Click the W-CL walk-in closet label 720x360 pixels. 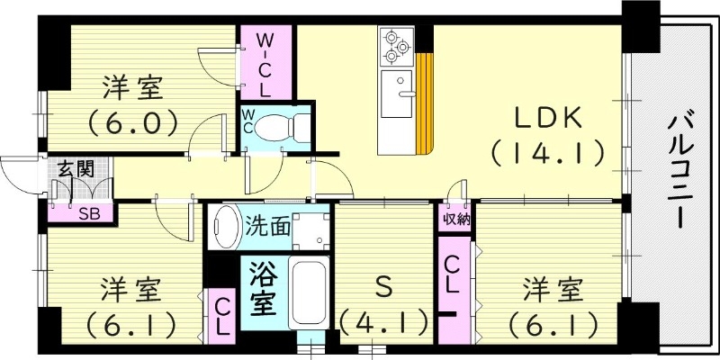click(266, 64)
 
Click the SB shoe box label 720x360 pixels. click(88, 213)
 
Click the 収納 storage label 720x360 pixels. click(455, 218)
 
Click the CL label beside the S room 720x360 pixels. click(454, 274)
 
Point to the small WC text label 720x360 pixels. click(247, 121)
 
